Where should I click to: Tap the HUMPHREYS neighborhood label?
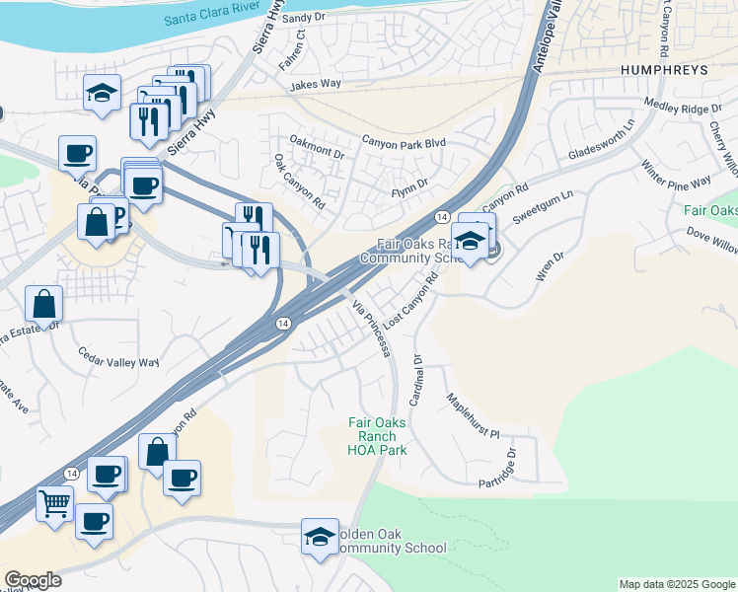point(664,71)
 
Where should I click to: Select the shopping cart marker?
point(55,503)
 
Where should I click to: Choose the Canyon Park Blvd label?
point(404,142)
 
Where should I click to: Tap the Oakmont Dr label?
point(316,154)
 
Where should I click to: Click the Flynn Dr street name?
point(410,185)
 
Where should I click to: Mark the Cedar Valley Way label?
point(118,360)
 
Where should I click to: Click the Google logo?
point(33,580)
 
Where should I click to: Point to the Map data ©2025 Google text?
point(676,584)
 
